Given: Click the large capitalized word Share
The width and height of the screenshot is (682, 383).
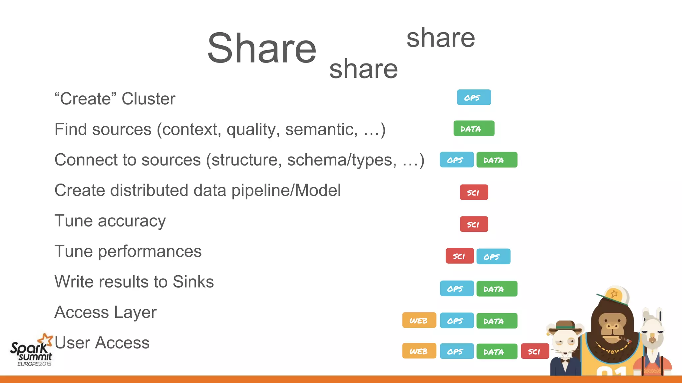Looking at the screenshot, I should (x=262, y=48).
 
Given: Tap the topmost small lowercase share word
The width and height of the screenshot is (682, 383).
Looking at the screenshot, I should (x=441, y=38).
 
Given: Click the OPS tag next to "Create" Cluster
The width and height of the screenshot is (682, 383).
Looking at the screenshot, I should (x=474, y=97).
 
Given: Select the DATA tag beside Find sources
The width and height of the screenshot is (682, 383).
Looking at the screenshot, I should (x=474, y=129).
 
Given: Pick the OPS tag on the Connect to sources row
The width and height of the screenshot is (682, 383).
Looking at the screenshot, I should (x=456, y=160).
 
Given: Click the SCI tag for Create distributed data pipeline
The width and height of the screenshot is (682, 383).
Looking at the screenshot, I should (x=474, y=192).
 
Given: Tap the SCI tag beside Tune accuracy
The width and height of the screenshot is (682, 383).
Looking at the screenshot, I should (x=474, y=224).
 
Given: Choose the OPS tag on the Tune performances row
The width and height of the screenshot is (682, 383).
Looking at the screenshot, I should (x=493, y=256).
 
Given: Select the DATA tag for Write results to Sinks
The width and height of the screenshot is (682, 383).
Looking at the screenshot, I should (x=497, y=289).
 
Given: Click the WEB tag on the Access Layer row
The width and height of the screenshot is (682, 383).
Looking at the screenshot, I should (x=419, y=320).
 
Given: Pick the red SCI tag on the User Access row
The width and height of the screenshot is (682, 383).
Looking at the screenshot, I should (x=534, y=351).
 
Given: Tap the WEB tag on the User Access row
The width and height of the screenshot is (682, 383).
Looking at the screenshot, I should (x=419, y=351).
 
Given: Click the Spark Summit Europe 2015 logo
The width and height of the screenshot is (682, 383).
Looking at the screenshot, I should (x=32, y=351).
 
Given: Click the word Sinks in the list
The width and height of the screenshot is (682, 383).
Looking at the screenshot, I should (x=193, y=282).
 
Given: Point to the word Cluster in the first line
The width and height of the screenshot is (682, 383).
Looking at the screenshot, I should (x=148, y=99).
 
